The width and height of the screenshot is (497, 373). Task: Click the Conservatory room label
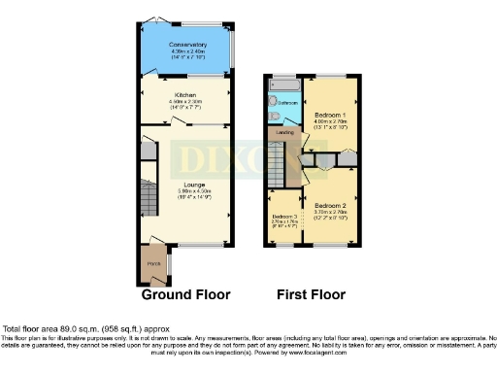click(x=187, y=45)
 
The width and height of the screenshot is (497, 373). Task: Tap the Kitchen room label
click(x=186, y=95)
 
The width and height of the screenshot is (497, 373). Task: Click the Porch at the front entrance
click(x=153, y=263)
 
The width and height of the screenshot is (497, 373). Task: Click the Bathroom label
click(x=288, y=102)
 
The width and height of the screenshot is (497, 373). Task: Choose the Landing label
click(x=284, y=131)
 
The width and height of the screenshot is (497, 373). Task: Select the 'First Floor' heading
click(x=310, y=294)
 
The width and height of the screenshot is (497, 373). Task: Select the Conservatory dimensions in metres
click(x=187, y=51)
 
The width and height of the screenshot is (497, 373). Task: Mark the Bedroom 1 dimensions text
click(x=326, y=122)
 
